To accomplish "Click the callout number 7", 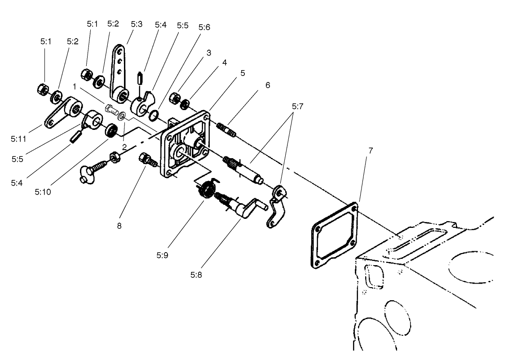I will (370, 151).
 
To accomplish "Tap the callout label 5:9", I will (162, 255).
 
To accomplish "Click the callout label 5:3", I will (137, 24).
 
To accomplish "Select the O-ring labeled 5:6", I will (154, 116).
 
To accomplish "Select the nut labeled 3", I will (175, 98).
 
